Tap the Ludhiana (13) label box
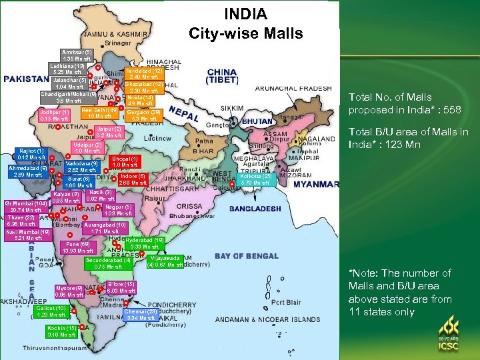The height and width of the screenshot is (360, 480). click(x=67, y=69)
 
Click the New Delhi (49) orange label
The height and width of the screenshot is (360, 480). click(x=99, y=113)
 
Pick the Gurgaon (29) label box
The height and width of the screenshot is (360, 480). click(x=145, y=116)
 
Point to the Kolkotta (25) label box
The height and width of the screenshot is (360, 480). click(x=257, y=179)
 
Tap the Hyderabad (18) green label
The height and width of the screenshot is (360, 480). click(x=145, y=243)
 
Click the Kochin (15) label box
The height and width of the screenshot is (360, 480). click(x=61, y=331)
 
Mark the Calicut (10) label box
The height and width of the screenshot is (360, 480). click(x=51, y=311)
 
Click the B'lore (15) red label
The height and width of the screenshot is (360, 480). click(x=121, y=287)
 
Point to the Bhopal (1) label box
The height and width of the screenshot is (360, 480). click(x=125, y=162)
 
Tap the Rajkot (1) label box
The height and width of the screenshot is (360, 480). click(x=32, y=154)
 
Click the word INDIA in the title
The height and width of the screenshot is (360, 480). click(x=245, y=14)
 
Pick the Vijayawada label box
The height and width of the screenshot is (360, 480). click(x=165, y=261)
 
